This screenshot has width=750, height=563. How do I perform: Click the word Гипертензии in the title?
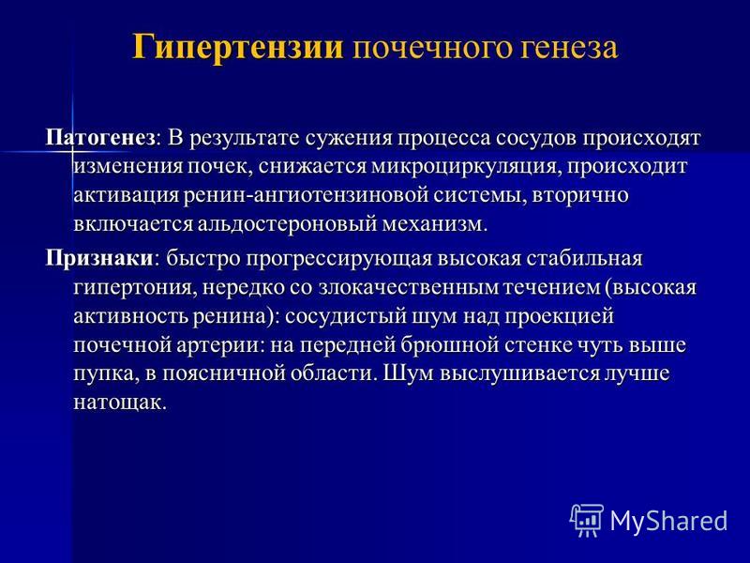pos(238,48)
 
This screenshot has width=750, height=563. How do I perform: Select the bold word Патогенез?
pos(100,138)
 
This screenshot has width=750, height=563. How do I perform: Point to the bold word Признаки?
pos(99,259)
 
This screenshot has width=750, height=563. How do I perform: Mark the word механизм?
pos(434,224)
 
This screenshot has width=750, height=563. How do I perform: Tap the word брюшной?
pos(443,345)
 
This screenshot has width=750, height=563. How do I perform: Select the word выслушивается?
pos(518,373)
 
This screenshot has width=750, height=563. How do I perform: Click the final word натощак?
pos(120,403)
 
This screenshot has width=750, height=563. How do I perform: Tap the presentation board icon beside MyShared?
pos(587,520)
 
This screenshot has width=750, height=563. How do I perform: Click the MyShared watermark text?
pos(669,521)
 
